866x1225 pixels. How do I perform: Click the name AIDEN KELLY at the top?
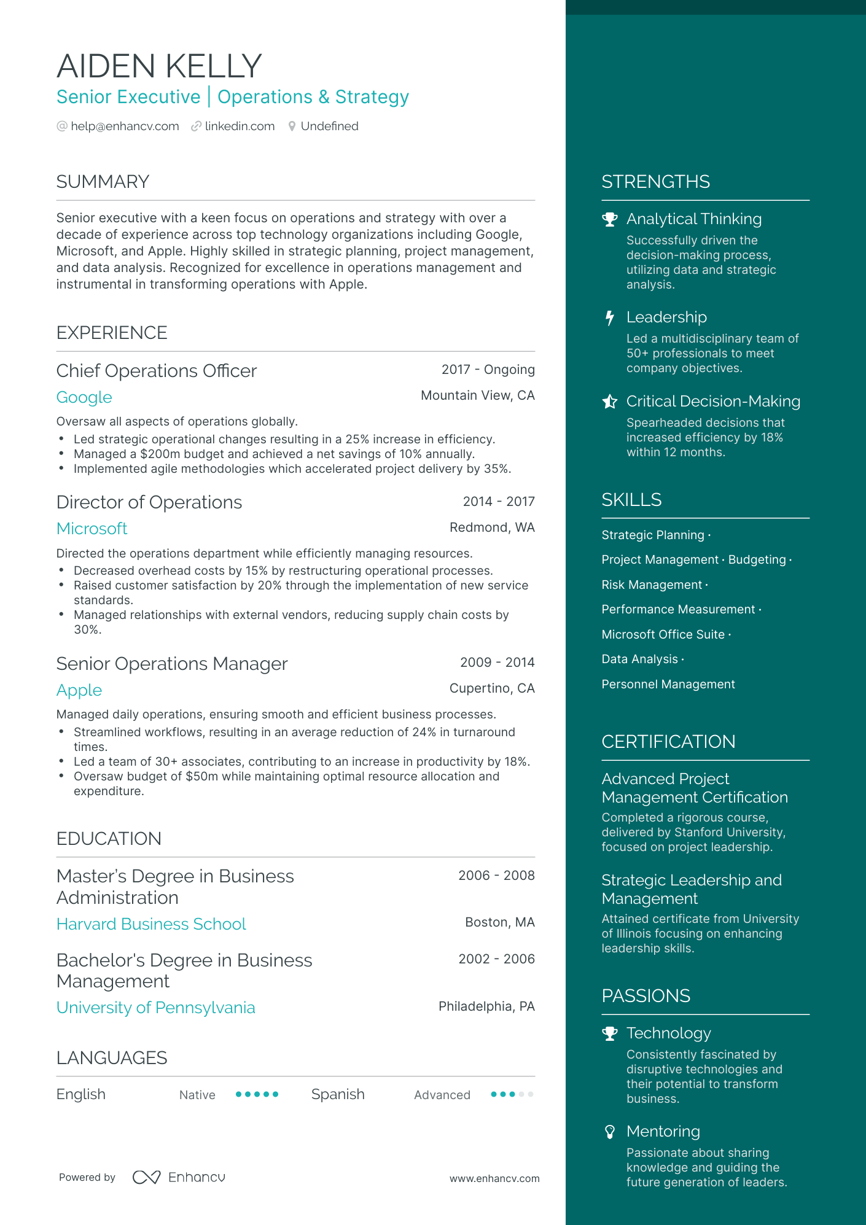pyautogui.click(x=159, y=66)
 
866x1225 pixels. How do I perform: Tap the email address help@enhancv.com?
pyautogui.click(x=125, y=126)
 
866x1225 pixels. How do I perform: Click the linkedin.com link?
pyautogui.click(x=240, y=126)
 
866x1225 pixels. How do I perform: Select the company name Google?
pyautogui.click(x=84, y=397)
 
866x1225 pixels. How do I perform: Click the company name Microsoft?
pyautogui.click(x=92, y=529)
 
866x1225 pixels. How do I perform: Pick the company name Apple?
pyautogui.click(x=79, y=690)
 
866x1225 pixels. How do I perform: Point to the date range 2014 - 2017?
pyautogui.click(x=498, y=502)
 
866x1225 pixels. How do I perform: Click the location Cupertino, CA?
pyautogui.click(x=491, y=688)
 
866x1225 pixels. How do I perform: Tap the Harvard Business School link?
pyautogui.click(x=151, y=924)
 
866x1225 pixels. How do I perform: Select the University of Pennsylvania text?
pyautogui.click(x=155, y=1008)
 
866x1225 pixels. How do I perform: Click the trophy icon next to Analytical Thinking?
pyautogui.click(x=609, y=219)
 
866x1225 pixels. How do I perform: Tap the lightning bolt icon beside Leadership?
pyautogui.click(x=609, y=317)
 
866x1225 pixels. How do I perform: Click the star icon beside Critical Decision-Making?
pyautogui.click(x=609, y=402)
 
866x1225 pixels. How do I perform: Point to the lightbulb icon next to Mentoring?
pyautogui.click(x=609, y=1132)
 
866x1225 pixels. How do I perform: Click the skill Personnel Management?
pyautogui.click(x=668, y=685)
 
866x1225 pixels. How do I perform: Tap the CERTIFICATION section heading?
pyautogui.click(x=668, y=742)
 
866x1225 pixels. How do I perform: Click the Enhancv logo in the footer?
pyautogui.click(x=179, y=1177)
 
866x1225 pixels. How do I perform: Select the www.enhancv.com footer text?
pyautogui.click(x=494, y=1179)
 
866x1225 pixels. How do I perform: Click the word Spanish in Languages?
pyautogui.click(x=338, y=1095)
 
